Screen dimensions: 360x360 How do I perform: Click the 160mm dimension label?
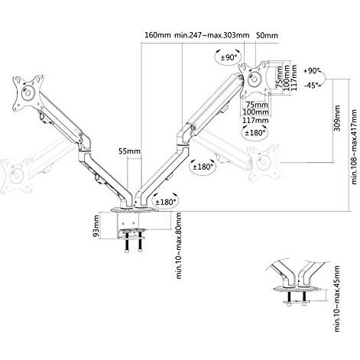pyautogui.click(x=157, y=35)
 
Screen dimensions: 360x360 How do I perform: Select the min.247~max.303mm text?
pyautogui.click(x=212, y=35)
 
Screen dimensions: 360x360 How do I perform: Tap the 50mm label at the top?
pyautogui.click(x=267, y=35)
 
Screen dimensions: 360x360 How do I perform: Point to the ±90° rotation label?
pyautogui.click(x=229, y=57)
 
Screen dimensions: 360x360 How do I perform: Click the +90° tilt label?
pyautogui.click(x=313, y=71)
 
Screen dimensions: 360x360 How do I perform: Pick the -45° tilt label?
pyautogui.click(x=312, y=85)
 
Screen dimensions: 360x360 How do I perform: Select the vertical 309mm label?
pyautogui.click(x=337, y=118)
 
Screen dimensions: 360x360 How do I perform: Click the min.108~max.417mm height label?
pyautogui.click(x=354, y=147)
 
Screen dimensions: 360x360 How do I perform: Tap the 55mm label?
pyautogui.click(x=129, y=151)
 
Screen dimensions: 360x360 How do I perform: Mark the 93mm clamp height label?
pyautogui.click(x=96, y=226)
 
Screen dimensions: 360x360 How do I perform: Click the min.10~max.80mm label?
pyautogui.click(x=179, y=245)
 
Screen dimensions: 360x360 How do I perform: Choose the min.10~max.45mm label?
pyautogui.click(x=337, y=298)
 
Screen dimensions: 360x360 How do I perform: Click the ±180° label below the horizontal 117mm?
pyautogui.click(x=255, y=132)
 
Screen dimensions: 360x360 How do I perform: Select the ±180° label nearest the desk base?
pyautogui.click(x=166, y=203)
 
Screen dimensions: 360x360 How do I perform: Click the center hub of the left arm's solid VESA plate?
pyautogui.click(x=28, y=92)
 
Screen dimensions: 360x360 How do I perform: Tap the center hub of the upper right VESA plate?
pyautogui.click(x=255, y=78)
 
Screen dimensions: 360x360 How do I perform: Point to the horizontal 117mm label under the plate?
pyautogui.click(x=255, y=120)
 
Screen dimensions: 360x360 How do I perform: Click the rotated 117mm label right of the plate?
pyautogui.click(x=294, y=77)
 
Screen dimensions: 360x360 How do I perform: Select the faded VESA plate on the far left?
pyautogui.click(x=17, y=176)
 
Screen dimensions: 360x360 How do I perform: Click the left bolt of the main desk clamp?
pyautogui.click(x=127, y=242)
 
